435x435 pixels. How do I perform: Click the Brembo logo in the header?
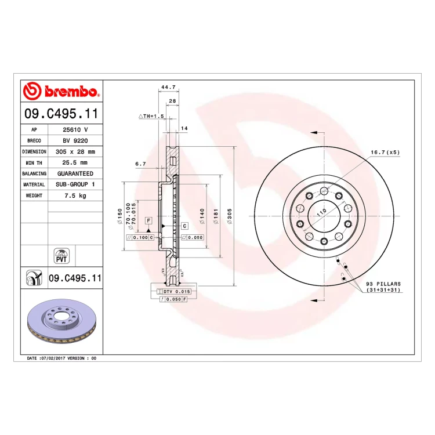[61, 91]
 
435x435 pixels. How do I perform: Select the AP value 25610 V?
[75, 129]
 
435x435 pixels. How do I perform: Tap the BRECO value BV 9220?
[75, 141]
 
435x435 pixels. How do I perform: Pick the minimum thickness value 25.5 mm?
[75, 162]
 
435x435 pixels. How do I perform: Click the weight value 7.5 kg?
[75, 195]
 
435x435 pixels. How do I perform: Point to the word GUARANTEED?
[75, 173]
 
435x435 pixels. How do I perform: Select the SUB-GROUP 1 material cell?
[75, 184]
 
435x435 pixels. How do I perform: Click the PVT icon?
[61, 256]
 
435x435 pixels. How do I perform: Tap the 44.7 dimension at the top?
[168, 87]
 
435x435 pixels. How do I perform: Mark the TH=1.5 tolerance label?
[151, 116]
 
